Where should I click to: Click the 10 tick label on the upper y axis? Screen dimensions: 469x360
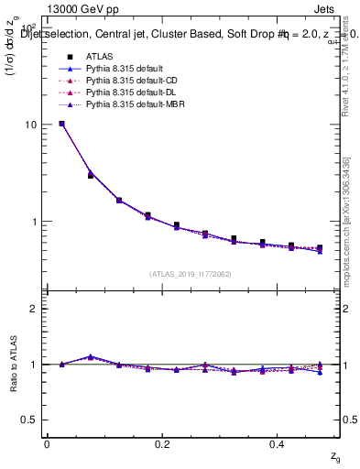click(x=30, y=125)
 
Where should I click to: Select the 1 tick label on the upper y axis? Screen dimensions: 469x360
click(x=34, y=222)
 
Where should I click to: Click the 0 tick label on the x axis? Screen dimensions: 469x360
click(x=47, y=444)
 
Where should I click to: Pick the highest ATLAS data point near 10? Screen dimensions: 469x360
click(x=61, y=124)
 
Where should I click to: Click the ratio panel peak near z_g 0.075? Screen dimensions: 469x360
click(x=90, y=356)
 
